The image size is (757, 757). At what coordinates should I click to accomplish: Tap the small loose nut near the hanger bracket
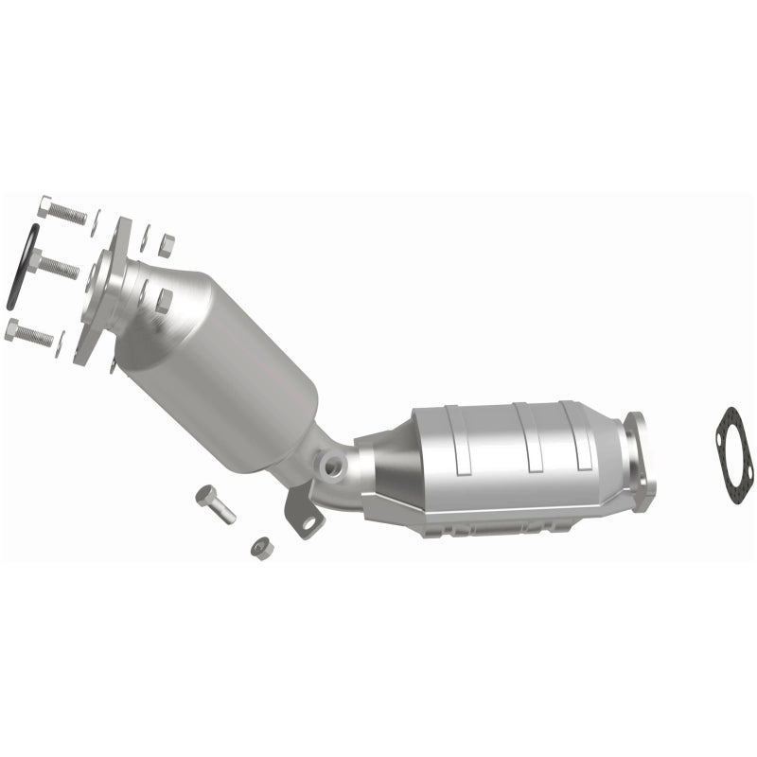coord(259,547)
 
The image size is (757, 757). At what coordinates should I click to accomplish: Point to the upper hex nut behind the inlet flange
coord(167,246)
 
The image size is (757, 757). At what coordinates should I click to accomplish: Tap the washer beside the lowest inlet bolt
coord(62,345)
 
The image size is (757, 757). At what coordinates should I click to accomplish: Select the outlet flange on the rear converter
coord(640,462)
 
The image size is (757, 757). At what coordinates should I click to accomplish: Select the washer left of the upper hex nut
coord(144,239)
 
